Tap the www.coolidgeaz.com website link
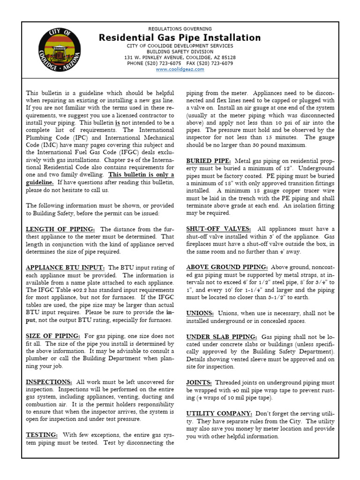pyautogui.click(x=180, y=69)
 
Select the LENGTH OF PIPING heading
pyautogui.click(x=60, y=229)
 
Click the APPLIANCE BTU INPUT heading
pyautogui.click(x=65, y=268)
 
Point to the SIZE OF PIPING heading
pyautogui.click(x=53, y=336)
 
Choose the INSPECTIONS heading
pyautogui.click(x=49, y=382)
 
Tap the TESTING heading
pyautogui.click(x=42, y=435)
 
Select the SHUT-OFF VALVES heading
pyautogui.click(x=218, y=229)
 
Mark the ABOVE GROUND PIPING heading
pyautogui.click(x=226, y=267)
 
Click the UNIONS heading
pyautogui.click(x=200, y=313)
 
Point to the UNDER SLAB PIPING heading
pyautogui.click(x=222, y=337)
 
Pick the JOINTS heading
pyautogui.click(x=199, y=382)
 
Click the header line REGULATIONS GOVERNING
pyautogui.click(x=180, y=29)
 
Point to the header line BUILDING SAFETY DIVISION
pyautogui.click(x=180, y=52)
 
